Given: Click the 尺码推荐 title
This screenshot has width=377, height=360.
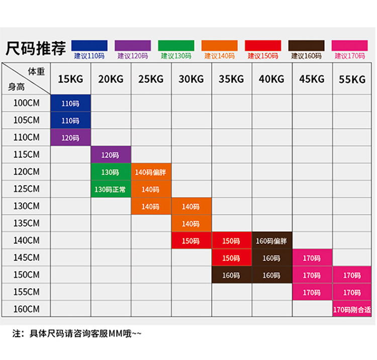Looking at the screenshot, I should pos(35,49).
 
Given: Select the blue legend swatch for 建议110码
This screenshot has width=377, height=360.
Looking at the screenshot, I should pos(89,45).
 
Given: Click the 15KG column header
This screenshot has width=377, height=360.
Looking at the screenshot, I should pos(70,79).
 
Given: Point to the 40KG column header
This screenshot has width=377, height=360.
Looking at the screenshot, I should pos(271,79).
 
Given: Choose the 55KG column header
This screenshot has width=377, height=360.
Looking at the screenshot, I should pos(352,79).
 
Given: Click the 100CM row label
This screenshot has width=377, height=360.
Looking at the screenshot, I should pos(27,104).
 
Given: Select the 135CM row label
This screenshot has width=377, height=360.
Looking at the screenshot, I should pos(27,223).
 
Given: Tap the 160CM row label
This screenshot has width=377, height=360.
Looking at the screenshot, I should pos(27,308).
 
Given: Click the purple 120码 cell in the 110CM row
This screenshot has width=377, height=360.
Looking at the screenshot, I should pos(70,138).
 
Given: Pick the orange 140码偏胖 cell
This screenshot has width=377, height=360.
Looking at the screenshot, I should pos(150,172).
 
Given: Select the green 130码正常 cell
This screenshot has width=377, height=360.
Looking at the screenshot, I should pos(110,189).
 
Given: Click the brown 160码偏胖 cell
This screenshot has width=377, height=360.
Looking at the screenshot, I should pos(271,241).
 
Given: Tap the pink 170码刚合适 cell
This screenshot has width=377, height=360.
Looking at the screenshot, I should pos(352,309).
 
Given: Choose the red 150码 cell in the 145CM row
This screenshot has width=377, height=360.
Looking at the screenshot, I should pos(231,258).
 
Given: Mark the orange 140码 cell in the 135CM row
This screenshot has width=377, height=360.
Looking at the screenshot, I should pos(191,224).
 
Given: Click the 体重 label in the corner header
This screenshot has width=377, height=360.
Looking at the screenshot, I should pos(36,71).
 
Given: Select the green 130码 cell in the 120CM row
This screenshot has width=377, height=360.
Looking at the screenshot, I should pos(110,172).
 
